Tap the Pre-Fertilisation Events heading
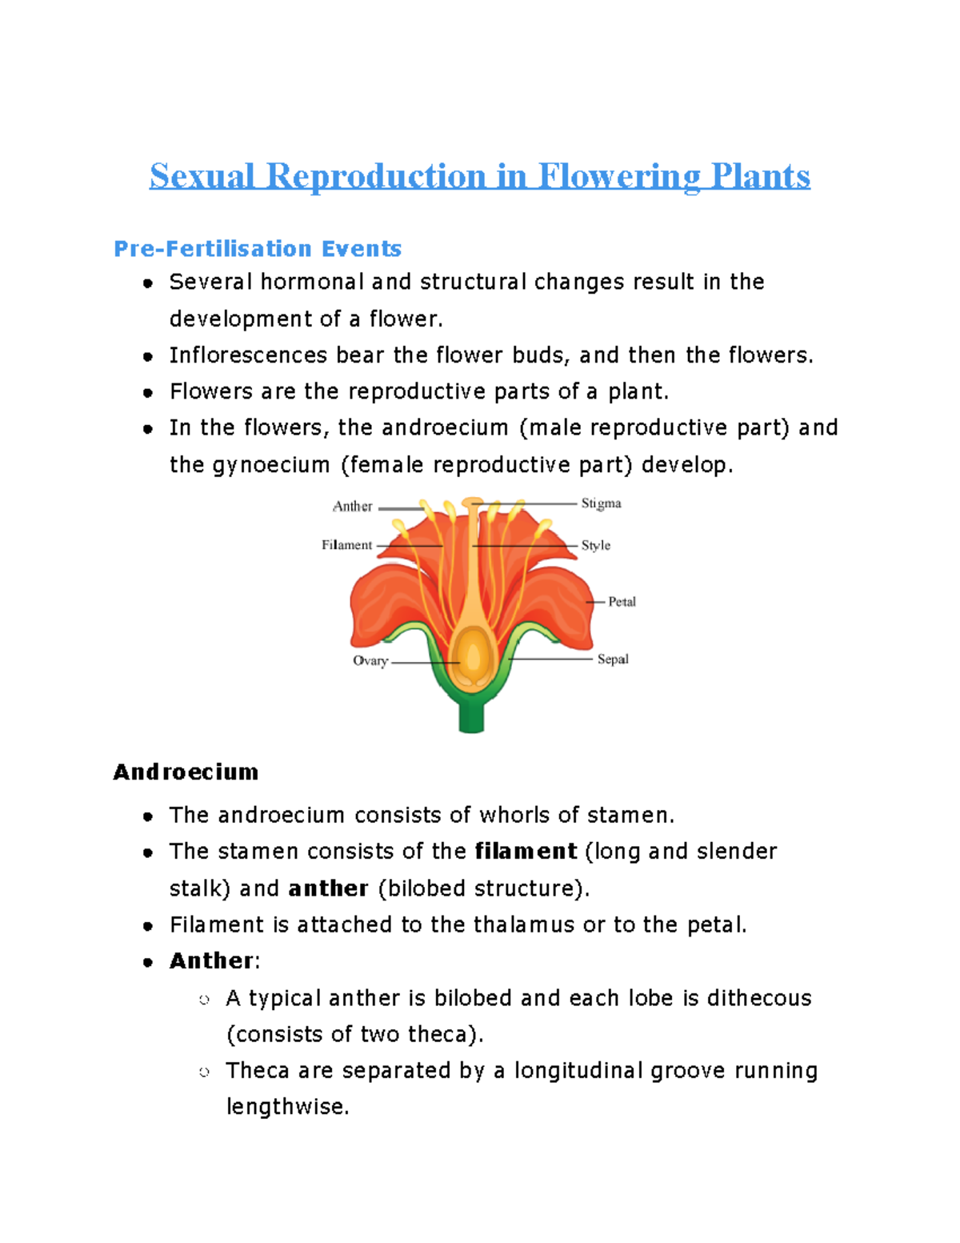(257, 249)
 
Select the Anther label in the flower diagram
(352, 507)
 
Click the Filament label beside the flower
(346, 545)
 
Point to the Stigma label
(601, 503)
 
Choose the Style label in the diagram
(595, 545)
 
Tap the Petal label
(622, 601)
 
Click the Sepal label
(613, 659)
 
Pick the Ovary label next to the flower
(370, 660)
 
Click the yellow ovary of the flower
(473, 656)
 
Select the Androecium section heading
(186, 772)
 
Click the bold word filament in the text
(526, 851)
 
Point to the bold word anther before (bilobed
(328, 888)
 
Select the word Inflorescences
(248, 355)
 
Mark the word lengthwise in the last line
(287, 1107)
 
